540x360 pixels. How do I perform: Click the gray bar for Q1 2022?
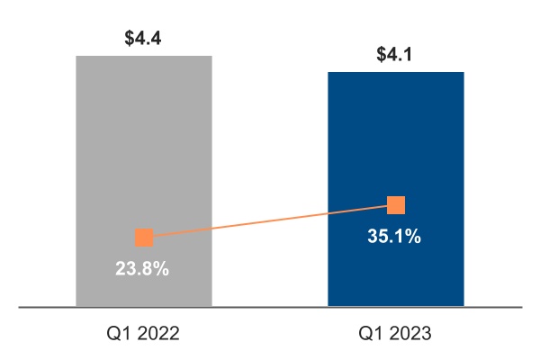[144, 135]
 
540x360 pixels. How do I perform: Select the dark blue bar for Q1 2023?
[396, 135]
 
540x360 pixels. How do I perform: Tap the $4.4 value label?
[144, 40]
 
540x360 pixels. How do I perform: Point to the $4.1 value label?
[396, 55]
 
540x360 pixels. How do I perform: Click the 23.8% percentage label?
[142, 268]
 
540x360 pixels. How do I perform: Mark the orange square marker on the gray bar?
[144, 238]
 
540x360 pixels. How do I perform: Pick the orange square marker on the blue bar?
[396, 205]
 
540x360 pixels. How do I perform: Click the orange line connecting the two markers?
[270, 221]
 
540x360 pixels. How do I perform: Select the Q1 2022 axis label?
[144, 334]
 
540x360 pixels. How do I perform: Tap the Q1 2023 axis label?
[396, 334]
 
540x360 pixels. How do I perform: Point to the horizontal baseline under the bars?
[270, 308]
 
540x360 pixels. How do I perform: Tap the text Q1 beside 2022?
[118, 334]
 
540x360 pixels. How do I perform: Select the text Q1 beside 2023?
[370, 334]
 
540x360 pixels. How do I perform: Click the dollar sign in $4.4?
[130, 40]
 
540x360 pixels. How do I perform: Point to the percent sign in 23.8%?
[161, 268]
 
